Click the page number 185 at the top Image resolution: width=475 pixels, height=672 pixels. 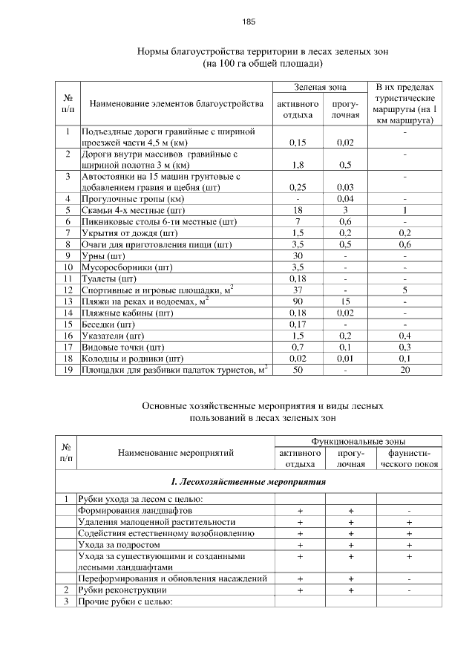249,22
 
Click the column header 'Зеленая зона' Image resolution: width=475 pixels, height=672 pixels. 320,87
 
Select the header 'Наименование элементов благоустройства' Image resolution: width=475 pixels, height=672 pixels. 177,104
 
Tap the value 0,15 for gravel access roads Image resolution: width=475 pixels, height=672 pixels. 297,142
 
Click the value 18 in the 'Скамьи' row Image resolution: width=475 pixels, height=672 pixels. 297,210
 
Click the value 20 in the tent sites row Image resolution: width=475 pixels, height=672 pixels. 405,369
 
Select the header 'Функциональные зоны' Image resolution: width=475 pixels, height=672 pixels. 358,440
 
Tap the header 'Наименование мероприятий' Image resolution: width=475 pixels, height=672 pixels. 176,451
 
